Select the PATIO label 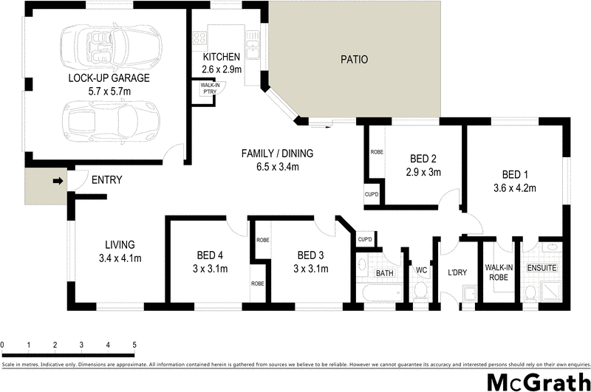coord(354,60)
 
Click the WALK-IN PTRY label coord(204,88)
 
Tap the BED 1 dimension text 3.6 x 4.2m coord(514,188)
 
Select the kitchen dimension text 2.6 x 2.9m coord(222,69)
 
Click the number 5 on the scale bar coord(134,345)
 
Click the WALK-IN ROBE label coord(499,273)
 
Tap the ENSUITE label coord(541,268)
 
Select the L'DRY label coord(458,272)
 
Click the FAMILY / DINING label coord(278,154)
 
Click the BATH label coord(384,273)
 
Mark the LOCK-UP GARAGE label coord(109,78)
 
